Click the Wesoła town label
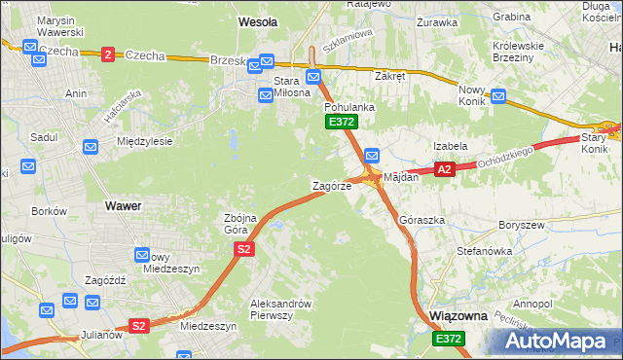click(x=258, y=20)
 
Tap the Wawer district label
click(x=123, y=206)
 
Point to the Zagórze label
click(x=331, y=185)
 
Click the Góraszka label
click(x=421, y=221)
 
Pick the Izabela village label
click(x=451, y=146)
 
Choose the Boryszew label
click(x=519, y=225)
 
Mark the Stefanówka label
click(x=484, y=251)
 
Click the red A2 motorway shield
click(x=444, y=169)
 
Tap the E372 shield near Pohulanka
click(x=342, y=122)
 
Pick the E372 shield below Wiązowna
click(x=449, y=339)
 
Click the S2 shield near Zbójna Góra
click(x=244, y=250)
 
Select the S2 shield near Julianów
click(x=139, y=326)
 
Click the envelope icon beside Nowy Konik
click(x=498, y=96)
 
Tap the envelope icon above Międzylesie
click(x=91, y=147)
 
